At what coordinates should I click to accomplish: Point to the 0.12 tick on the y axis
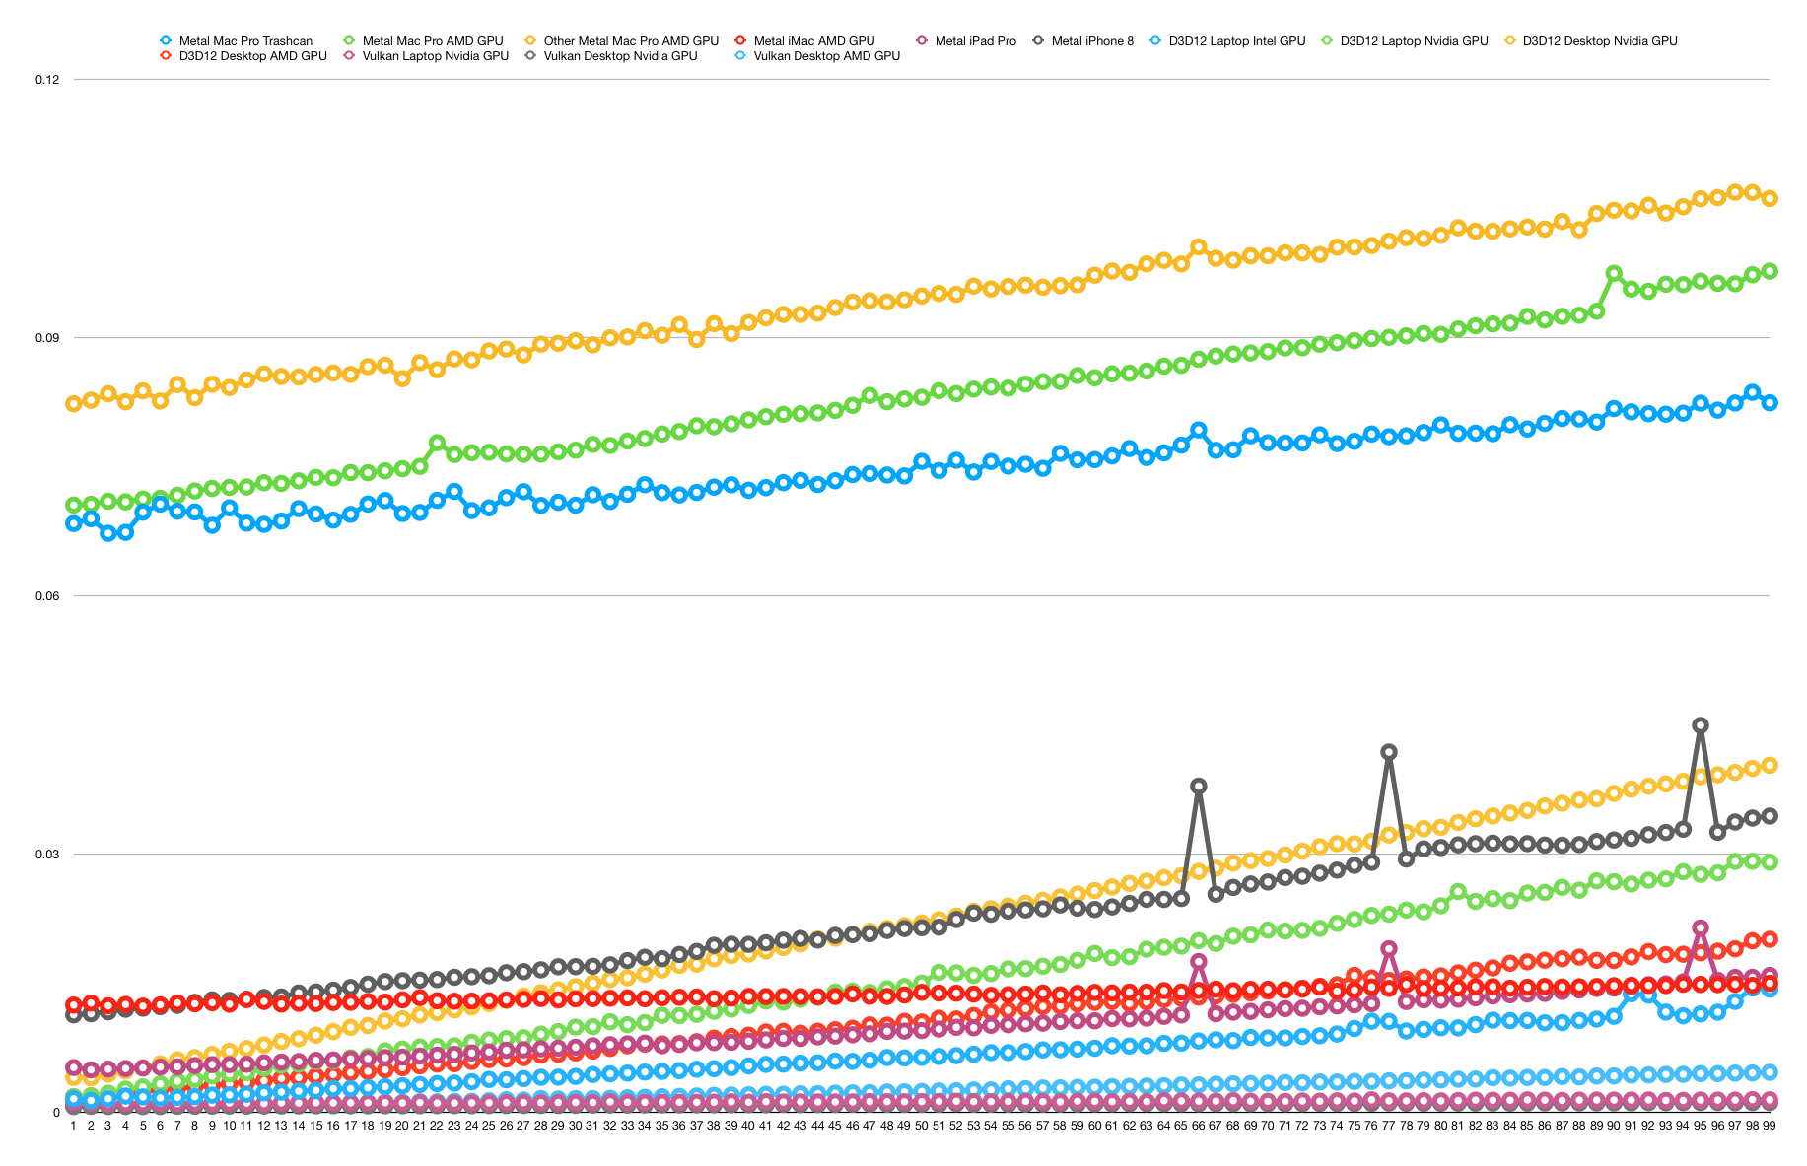47,80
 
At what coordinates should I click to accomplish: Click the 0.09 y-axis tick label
47,338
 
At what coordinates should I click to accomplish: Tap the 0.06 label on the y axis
47,596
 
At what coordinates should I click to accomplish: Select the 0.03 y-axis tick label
47,855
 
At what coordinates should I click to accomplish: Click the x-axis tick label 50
921,1125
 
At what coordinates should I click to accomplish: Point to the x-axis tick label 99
1770,1125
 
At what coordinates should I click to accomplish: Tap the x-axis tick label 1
73,1125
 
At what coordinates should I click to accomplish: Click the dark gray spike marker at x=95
1701,725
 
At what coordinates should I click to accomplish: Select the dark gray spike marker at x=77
1389,752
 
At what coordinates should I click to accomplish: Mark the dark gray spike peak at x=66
1199,786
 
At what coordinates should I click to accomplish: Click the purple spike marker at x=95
1701,927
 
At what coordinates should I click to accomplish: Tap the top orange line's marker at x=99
1770,198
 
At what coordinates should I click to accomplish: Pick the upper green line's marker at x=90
1614,273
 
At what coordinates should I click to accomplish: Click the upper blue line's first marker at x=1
73,523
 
